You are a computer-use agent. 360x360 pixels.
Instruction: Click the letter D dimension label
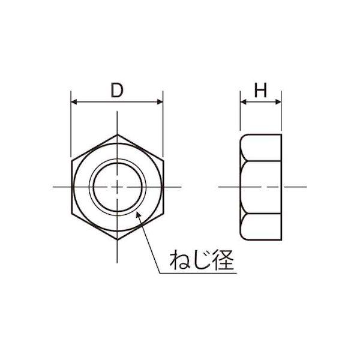pos(117,90)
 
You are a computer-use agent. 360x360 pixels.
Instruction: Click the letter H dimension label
pos(260,90)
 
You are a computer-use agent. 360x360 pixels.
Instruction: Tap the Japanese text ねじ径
pos(202,260)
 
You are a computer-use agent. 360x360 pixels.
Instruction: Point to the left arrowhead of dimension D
pos(74,102)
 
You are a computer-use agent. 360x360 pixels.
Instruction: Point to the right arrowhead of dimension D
pos(160,102)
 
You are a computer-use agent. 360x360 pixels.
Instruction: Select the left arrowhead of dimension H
pos(243,102)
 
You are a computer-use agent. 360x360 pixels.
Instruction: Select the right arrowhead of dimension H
pos(278,102)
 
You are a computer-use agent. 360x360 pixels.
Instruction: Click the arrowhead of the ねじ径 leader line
pos(139,215)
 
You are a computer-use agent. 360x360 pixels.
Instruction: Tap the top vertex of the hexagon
pos(118,135)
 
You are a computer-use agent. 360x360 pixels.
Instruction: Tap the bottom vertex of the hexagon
pos(118,239)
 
